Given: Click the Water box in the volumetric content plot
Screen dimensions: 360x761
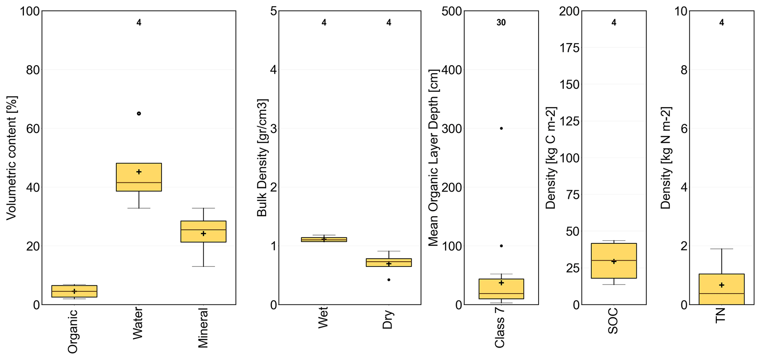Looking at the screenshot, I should click(139, 177).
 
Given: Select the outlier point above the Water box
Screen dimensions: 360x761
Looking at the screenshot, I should click(139, 113).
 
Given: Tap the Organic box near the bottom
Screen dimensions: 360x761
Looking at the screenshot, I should click(74, 291).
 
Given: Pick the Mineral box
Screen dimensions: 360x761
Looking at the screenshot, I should click(203, 232).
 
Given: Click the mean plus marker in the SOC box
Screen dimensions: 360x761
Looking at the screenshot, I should click(614, 261).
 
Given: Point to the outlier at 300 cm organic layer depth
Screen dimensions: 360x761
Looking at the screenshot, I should click(501, 128).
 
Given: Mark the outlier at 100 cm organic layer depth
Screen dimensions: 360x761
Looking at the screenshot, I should click(501, 246).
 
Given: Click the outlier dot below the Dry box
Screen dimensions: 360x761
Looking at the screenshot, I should click(389, 280).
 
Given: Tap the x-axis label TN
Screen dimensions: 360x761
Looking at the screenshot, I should click(721, 315).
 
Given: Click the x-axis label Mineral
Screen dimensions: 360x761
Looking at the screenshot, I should click(203, 328).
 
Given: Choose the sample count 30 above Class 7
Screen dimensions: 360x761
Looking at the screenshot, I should click(501, 23).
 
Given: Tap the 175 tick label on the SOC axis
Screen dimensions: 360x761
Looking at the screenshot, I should click(569, 48).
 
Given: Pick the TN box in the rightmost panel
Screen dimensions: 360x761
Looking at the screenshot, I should click(722, 289).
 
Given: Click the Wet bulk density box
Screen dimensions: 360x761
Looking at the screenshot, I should click(324, 239).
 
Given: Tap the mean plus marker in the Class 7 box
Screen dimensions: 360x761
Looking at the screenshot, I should click(501, 283).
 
